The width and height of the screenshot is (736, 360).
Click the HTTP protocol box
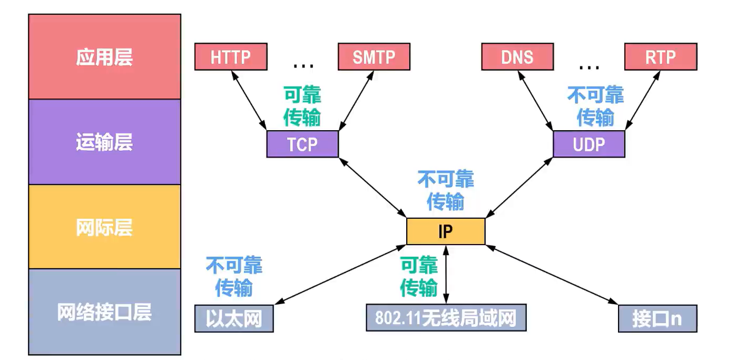pyautogui.click(x=231, y=56)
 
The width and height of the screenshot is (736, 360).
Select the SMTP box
pyautogui.click(x=374, y=56)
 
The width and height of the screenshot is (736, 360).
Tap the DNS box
pyautogui.click(x=517, y=56)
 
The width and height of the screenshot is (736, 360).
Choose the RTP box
pyautogui.click(x=661, y=56)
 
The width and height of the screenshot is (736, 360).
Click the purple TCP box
pyautogui.click(x=302, y=144)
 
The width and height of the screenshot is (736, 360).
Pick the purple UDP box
pyautogui.click(x=589, y=144)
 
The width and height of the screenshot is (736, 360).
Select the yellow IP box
pyautogui.click(x=446, y=231)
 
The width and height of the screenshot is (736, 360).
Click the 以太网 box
pyautogui.click(x=234, y=318)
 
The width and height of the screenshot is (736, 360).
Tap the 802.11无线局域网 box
pyautogui.click(x=446, y=318)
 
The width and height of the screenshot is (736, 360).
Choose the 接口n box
pyautogui.click(x=658, y=318)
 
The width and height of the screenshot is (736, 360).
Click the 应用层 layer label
pyautogui.click(x=104, y=57)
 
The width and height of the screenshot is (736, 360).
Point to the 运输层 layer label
pyautogui.click(x=104, y=142)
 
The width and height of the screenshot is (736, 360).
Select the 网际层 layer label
pyautogui.click(x=104, y=227)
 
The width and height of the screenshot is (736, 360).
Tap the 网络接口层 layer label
pyautogui.click(x=104, y=313)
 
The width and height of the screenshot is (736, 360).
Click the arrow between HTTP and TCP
pyautogui.click(x=249, y=100)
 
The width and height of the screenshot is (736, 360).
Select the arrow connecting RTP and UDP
pyautogui.click(x=643, y=100)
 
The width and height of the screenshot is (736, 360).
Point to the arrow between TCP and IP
pyautogui.click(x=372, y=188)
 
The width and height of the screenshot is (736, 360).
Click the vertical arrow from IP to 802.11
pyautogui.click(x=446, y=274)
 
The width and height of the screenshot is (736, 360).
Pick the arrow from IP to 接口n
pyautogui.click(x=552, y=275)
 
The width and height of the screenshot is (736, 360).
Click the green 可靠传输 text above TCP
pyautogui.click(x=302, y=106)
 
